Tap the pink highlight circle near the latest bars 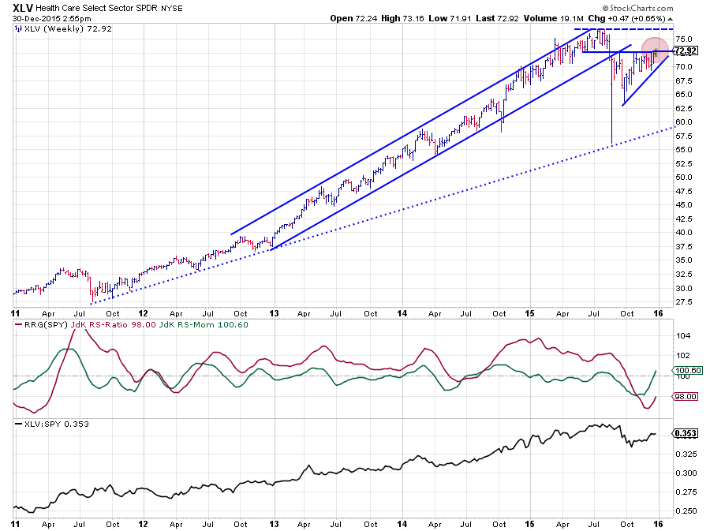coord(655,50)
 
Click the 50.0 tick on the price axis coord(684,178)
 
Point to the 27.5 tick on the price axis coord(684,302)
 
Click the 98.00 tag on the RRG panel coord(684,398)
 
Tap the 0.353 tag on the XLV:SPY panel coord(684,434)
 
